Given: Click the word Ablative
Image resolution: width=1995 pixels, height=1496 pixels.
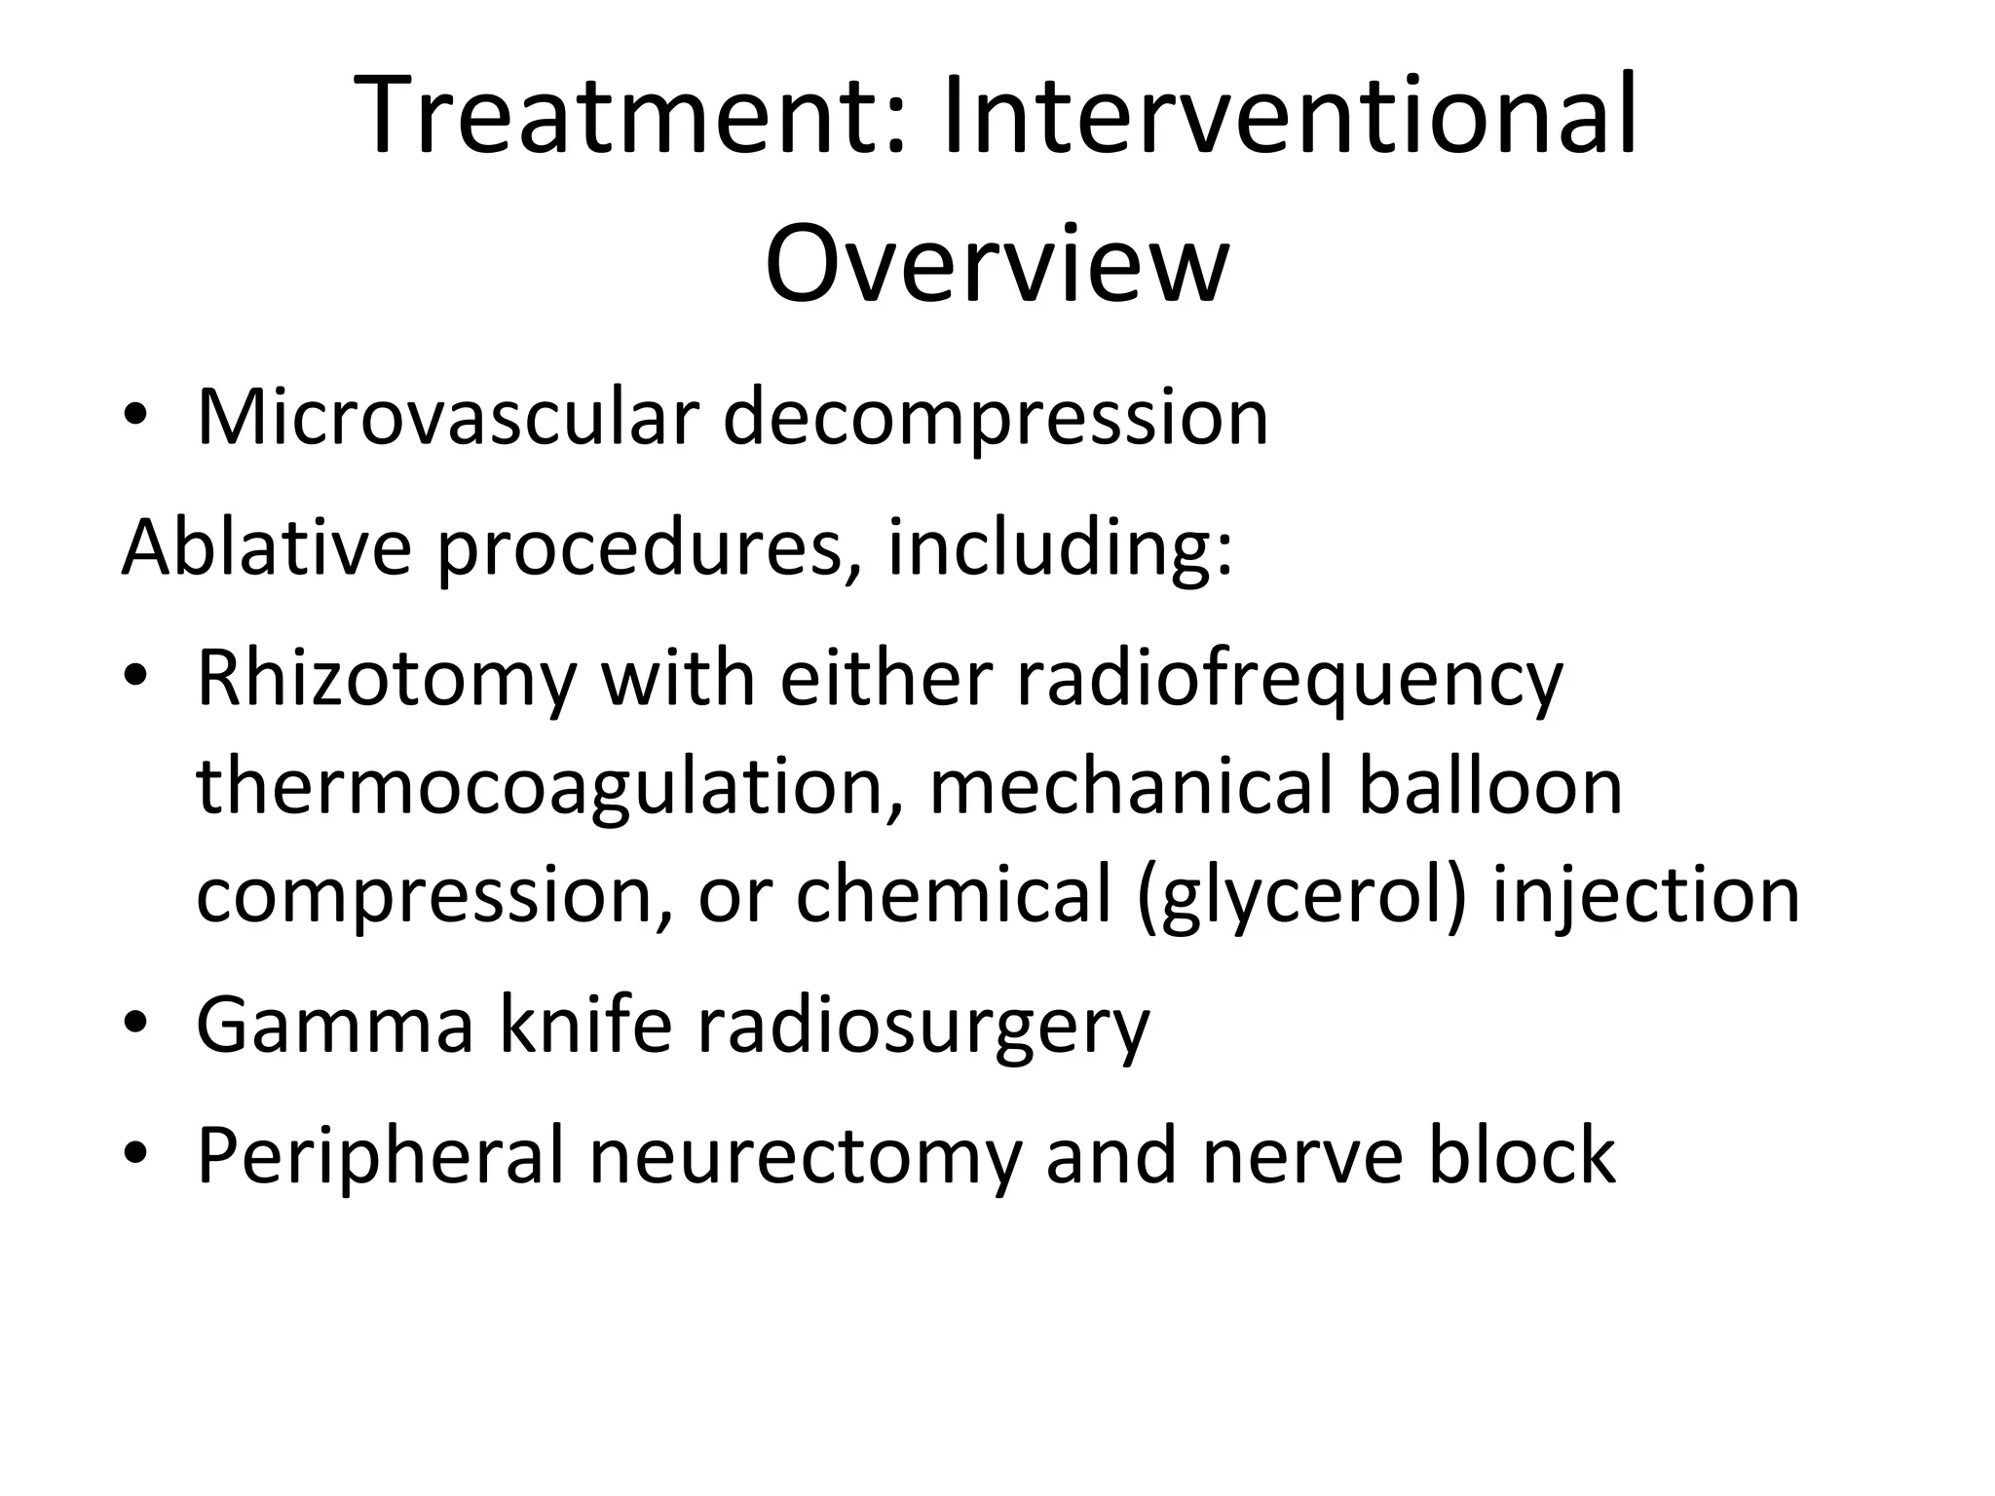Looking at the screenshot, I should click(266, 546).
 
